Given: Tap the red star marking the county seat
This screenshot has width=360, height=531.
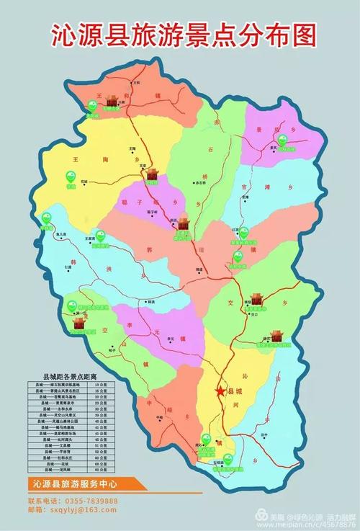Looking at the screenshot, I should [x=220, y=391].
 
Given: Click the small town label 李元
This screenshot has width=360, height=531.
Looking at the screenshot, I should [x=171, y=339].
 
